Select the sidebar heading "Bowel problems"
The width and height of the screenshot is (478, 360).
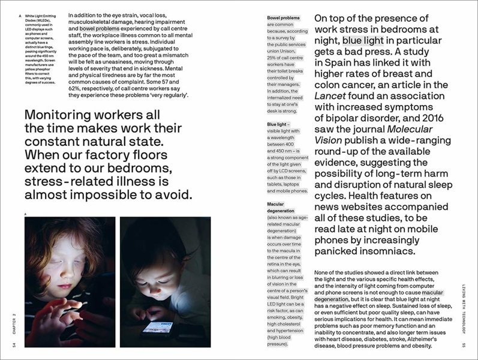point(284,18)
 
